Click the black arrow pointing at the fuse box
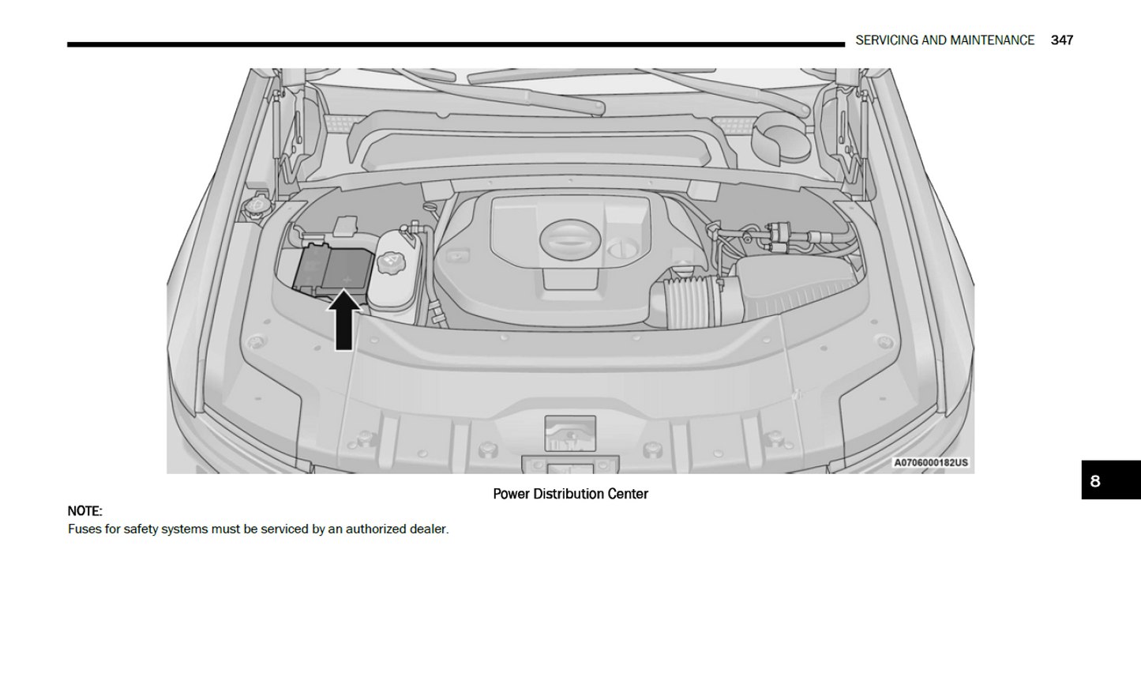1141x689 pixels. point(343,320)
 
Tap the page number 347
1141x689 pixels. point(1061,40)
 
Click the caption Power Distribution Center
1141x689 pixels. point(570,494)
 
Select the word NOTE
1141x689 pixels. point(84,511)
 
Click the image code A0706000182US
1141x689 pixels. point(931,463)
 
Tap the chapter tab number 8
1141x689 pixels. point(1094,481)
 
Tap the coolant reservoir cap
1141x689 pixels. point(391,263)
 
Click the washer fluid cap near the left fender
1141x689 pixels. point(256,205)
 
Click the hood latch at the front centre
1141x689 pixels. point(570,434)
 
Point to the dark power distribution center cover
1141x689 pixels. point(335,269)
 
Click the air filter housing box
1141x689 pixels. point(799,286)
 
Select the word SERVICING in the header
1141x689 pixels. point(886,40)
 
